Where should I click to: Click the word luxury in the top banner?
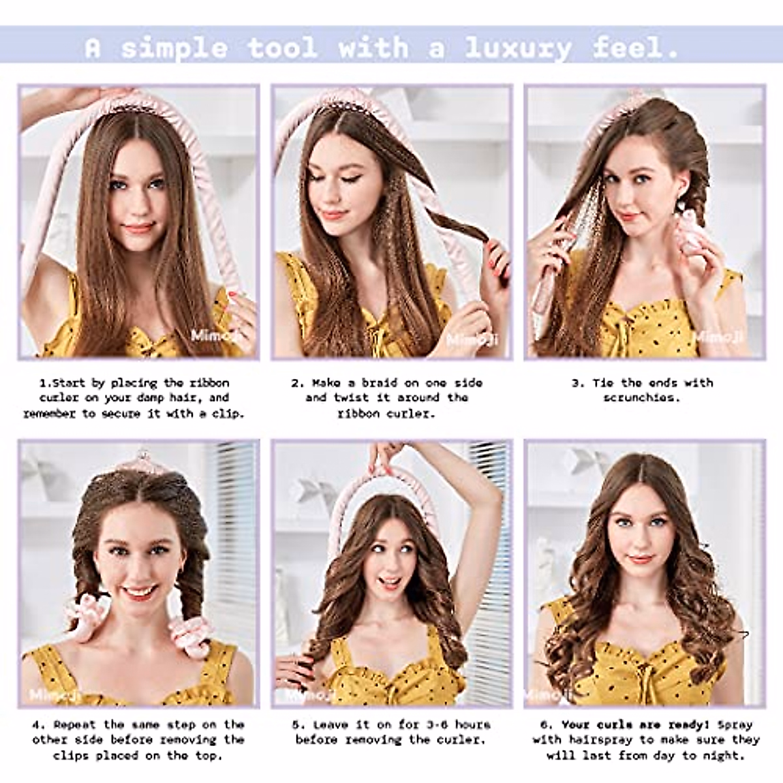[518, 48]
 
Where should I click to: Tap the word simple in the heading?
[175, 48]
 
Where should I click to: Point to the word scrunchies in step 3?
[641, 398]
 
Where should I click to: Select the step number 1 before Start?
[44, 383]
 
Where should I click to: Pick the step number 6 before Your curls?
[545, 724]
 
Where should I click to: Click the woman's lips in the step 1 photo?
[139, 228]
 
